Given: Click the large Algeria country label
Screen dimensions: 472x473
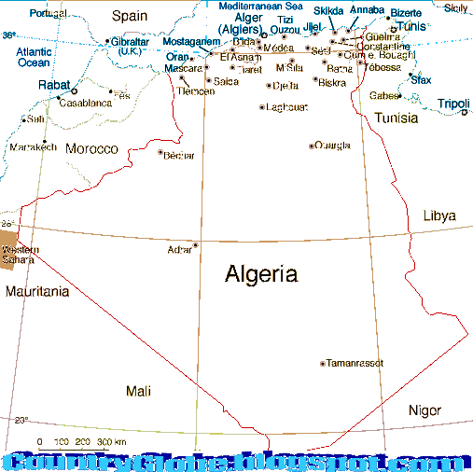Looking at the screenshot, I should click(x=261, y=274).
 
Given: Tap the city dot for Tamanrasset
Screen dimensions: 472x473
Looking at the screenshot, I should click(x=323, y=363).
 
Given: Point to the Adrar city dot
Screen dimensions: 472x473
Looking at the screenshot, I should click(x=195, y=245).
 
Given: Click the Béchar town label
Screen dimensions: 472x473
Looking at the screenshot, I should click(x=178, y=156).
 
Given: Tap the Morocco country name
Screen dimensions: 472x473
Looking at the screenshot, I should click(x=90, y=149).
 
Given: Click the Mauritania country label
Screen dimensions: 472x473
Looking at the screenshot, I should click(x=37, y=292).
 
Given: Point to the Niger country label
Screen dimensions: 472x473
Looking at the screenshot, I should click(x=424, y=410).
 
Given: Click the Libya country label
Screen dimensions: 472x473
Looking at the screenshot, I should click(x=439, y=215).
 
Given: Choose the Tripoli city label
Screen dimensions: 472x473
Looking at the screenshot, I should click(x=453, y=104).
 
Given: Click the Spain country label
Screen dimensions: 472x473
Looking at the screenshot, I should click(x=130, y=16).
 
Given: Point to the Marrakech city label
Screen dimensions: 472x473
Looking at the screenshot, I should click(x=33, y=147).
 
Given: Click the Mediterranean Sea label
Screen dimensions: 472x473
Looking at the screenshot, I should click(x=261, y=6).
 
